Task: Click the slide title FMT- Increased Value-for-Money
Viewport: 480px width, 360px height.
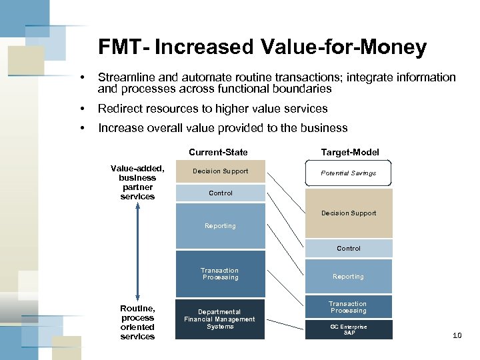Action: (262, 47)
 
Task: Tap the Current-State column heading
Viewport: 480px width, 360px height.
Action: (218, 152)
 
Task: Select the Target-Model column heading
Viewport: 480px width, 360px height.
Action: (349, 152)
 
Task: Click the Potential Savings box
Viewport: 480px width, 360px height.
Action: (348, 173)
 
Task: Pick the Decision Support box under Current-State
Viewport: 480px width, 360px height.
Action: (220, 171)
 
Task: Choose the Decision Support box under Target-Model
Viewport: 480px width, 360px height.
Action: (348, 213)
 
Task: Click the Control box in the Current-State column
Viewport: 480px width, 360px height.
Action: (220, 193)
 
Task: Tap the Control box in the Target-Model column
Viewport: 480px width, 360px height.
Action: (348, 248)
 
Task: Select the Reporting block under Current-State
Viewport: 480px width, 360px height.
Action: (220, 226)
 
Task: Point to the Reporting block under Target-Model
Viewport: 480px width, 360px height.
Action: (348, 276)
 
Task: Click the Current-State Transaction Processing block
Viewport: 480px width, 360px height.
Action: (220, 273)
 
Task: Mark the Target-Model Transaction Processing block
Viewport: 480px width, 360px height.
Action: (348, 307)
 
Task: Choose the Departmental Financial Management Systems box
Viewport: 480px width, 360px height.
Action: (220, 319)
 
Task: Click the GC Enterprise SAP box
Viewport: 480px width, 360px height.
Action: (348, 329)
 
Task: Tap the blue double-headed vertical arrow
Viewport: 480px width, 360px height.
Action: (137, 252)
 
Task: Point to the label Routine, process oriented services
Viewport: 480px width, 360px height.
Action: (137, 322)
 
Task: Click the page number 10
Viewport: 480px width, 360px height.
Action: (457, 335)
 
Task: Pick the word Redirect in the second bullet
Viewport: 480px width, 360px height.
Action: (119, 109)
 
